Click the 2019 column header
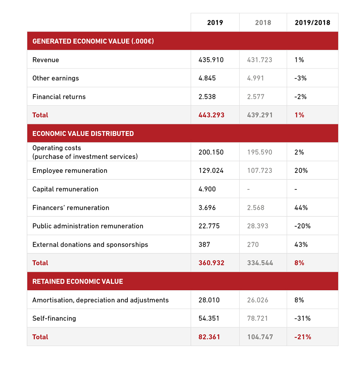(x=215, y=23)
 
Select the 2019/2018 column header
(x=312, y=23)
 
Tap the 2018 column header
(x=263, y=23)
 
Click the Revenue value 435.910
(x=211, y=60)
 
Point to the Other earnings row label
(x=55, y=78)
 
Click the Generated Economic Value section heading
(x=93, y=41)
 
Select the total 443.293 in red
(x=211, y=115)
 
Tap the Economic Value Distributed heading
(x=83, y=134)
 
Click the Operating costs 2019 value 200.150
(x=211, y=152)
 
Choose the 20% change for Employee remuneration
(x=301, y=171)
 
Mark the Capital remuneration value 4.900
(x=207, y=189)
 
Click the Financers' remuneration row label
(x=71, y=208)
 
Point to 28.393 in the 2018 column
(x=257, y=226)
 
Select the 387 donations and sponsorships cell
(x=204, y=245)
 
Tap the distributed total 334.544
(x=260, y=263)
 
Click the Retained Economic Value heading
(x=78, y=282)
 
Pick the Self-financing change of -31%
(x=302, y=318)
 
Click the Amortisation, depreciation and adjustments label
(x=100, y=300)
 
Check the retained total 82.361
(x=209, y=337)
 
